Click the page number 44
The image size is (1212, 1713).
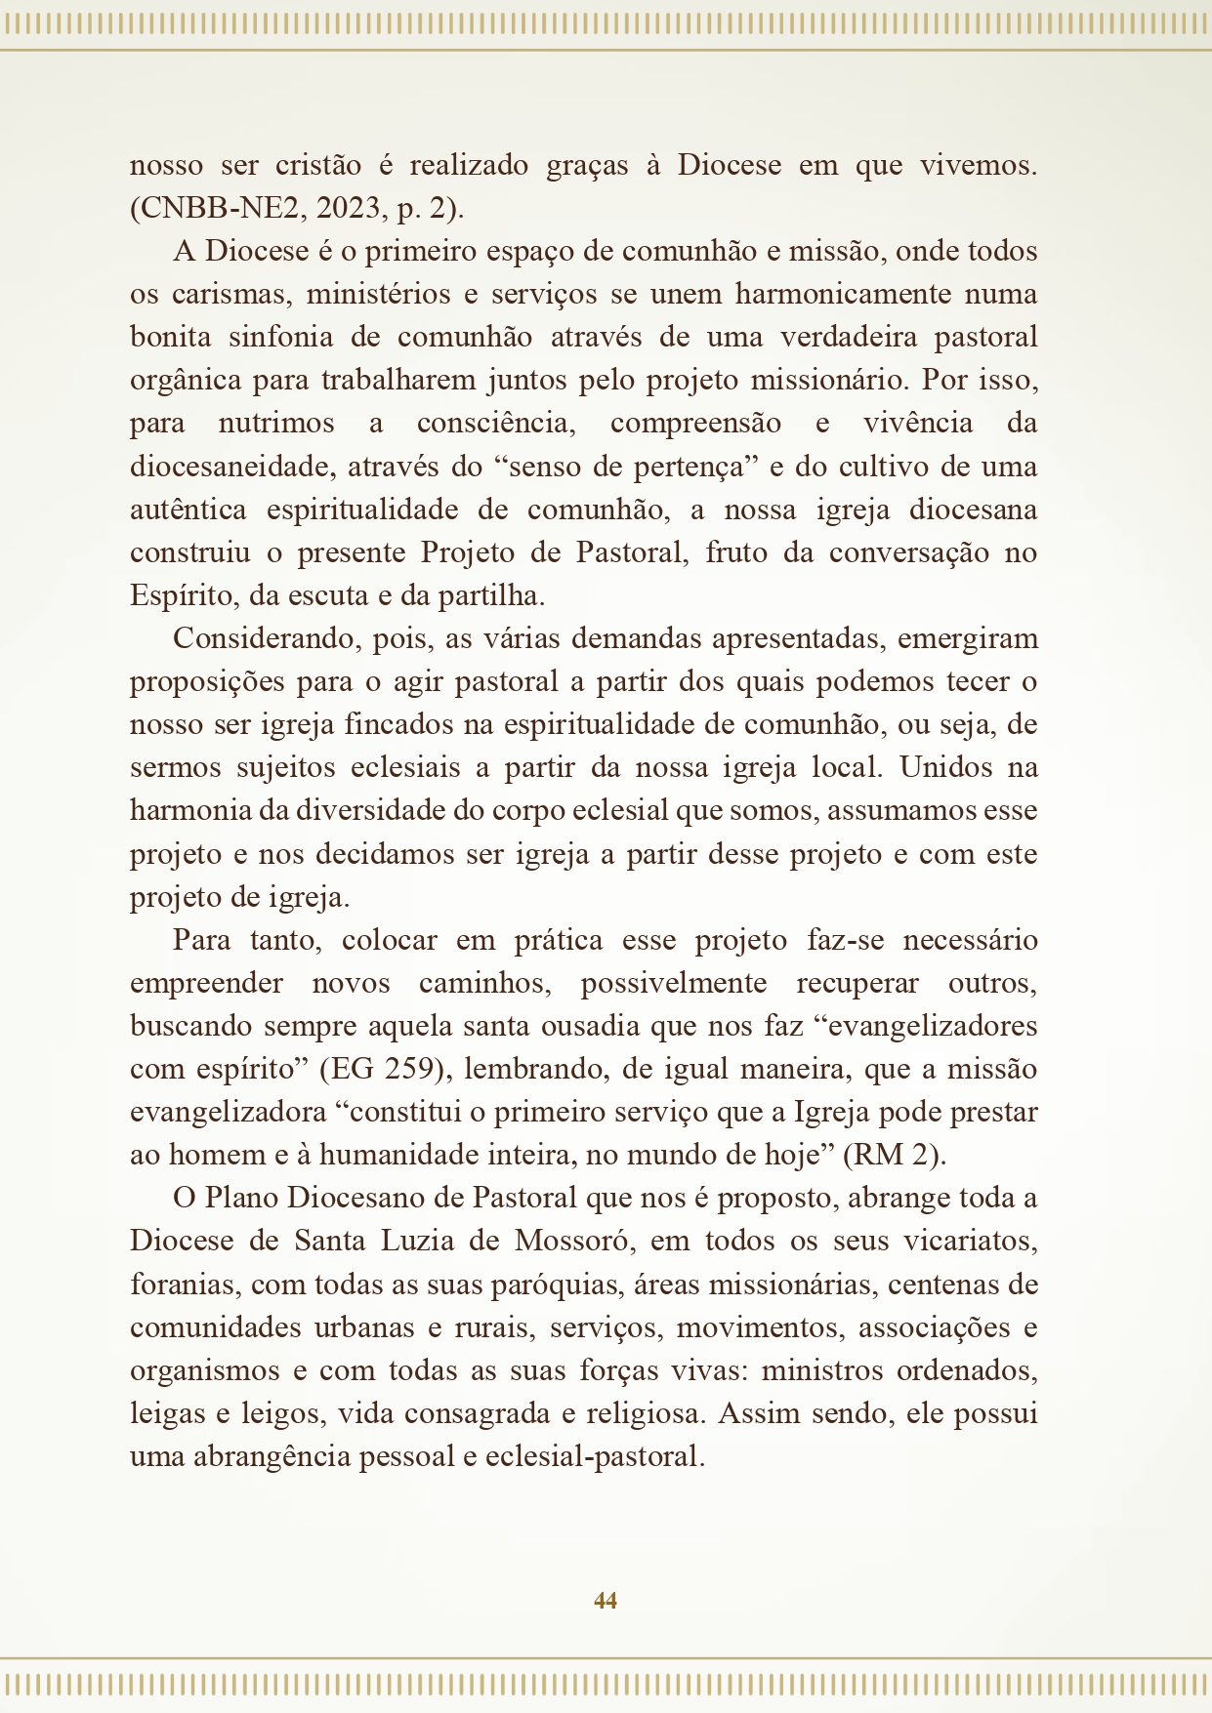click(605, 1600)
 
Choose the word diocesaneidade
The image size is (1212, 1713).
click(231, 467)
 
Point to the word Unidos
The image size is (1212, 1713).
click(943, 768)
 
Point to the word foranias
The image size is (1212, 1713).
click(183, 1285)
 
